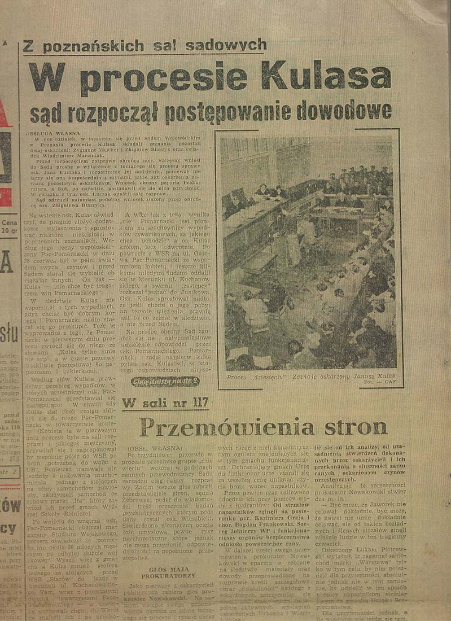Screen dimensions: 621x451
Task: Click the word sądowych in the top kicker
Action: (234, 44)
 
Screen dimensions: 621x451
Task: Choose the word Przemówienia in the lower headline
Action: (226, 427)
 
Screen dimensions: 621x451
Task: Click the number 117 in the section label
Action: (194, 403)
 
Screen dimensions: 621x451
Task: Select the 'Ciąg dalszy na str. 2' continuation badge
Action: (157, 382)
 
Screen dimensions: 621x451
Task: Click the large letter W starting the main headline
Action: (50, 77)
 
